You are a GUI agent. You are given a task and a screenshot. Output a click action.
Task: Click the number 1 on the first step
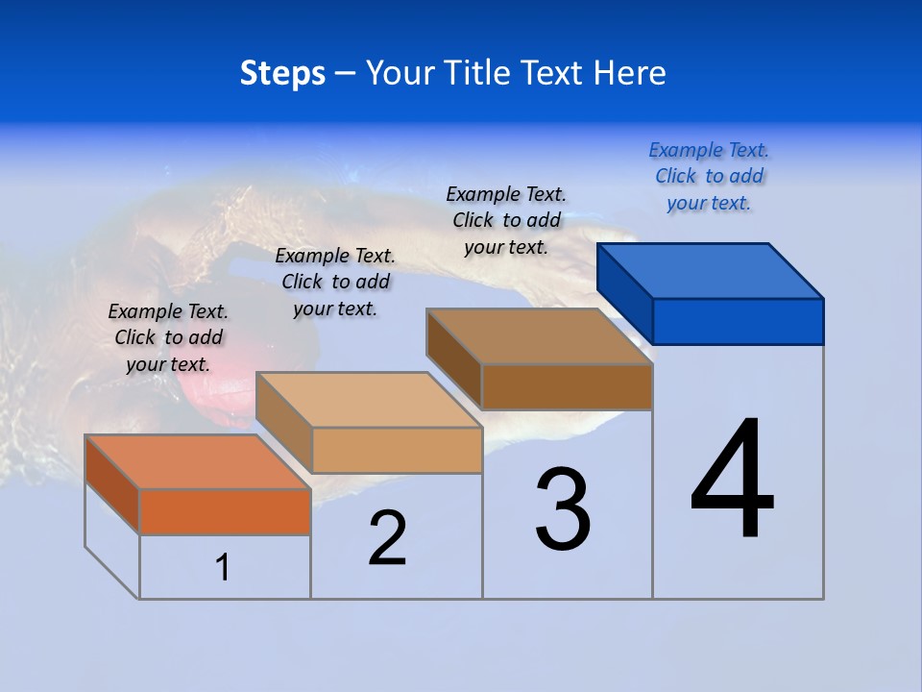pyautogui.click(x=223, y=568)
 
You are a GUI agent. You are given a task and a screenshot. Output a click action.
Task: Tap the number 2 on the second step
pyautogui.click(x=387, y=537)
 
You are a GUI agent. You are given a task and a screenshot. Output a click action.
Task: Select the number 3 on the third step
pyautogui.click(x=563, y=510)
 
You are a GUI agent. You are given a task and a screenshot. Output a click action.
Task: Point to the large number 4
pyautogui.click(x=733, y=480)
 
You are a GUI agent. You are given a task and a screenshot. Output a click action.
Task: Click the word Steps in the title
pyautogui.click(x=282, y=73)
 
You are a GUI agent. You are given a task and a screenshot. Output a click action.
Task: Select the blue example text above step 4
pyautogui.click(x=709, y=177)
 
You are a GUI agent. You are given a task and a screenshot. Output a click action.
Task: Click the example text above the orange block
pyautogui.click(x=168, y=338)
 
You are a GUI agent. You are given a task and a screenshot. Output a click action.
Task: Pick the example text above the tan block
pyautogui.click(x=335, y=282)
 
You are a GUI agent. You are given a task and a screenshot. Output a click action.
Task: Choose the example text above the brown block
pyautogui.click(x=506, y=220)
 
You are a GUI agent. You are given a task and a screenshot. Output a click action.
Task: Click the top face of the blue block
pyautogui.click(x=711, y=271)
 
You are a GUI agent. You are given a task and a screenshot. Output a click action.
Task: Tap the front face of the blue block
pyautogui.click(x=738, y=321)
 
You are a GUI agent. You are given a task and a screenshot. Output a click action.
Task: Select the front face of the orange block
pyautogui.click(x=225, y=511)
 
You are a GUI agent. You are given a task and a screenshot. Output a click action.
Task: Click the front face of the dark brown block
pyautogui.click(x=567, y=386)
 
